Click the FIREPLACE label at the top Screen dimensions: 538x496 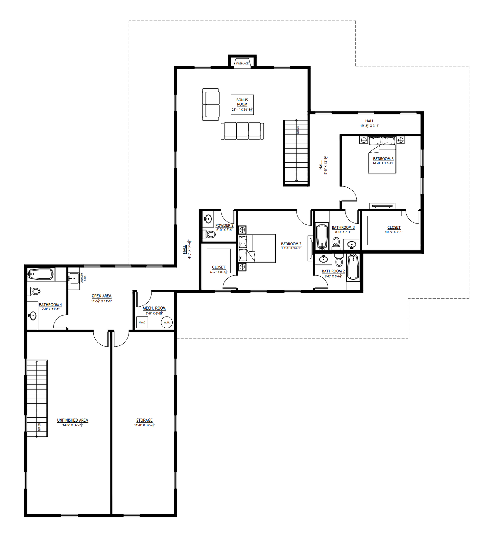(x=242, y=64)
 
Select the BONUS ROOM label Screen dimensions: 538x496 (x=242, y=102)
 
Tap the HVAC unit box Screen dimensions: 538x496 (x=142, y=323)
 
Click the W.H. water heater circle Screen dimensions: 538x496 (x=167, y=323)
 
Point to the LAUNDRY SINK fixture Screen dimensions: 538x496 (x=74, y=278)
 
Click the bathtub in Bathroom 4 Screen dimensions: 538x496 (x=41, y=274)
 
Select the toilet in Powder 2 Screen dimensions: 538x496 (x=210, y=234)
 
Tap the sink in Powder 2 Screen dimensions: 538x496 (x=208, y=218)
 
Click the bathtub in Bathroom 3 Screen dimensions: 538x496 (x=322, y=237)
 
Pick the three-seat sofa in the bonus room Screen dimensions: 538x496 (x=242, y=131)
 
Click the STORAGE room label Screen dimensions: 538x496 (x=144, y=420)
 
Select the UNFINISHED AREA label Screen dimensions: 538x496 (x=72, y=420)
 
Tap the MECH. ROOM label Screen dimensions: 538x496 (x=154, y=308)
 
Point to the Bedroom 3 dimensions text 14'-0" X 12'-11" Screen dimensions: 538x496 (x=383, y=163)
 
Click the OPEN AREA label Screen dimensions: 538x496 (x=101, y=296)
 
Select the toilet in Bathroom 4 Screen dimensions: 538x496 (x=35, y=291)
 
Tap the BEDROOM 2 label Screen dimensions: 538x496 (x=291, y=244)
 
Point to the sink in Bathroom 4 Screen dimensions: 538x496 (x=33, y=315)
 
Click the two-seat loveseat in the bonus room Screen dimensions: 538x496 (x=210, y=104)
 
